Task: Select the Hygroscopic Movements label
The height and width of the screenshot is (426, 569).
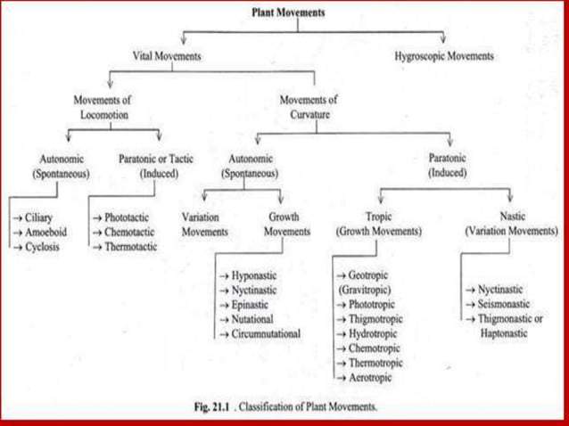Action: [444, 55]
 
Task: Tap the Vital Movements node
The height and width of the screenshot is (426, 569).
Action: [167, 55]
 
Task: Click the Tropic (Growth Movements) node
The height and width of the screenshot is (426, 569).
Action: [378, 223]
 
